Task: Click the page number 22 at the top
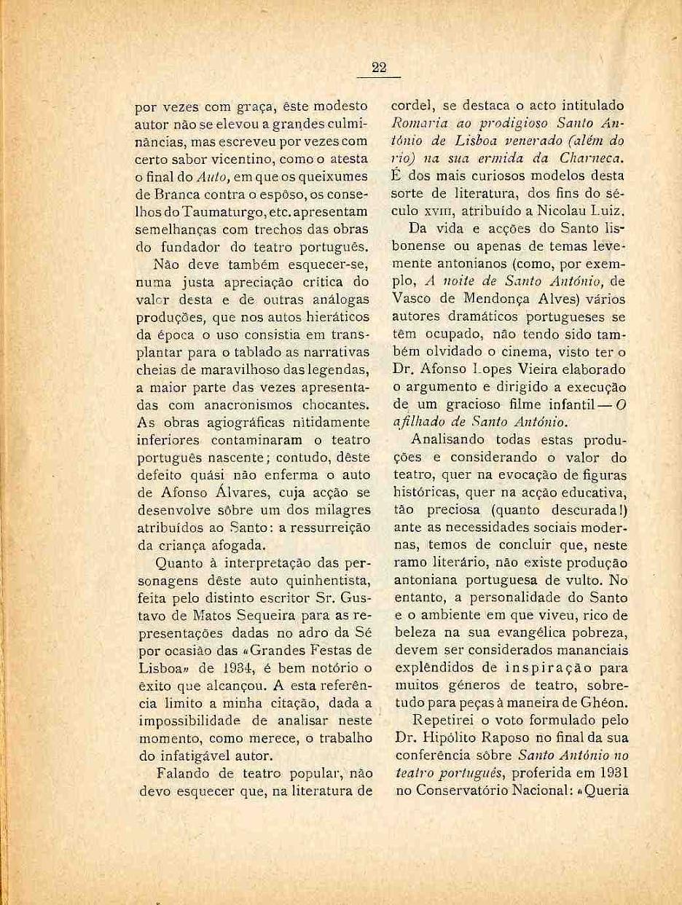[x=378, y=68]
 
